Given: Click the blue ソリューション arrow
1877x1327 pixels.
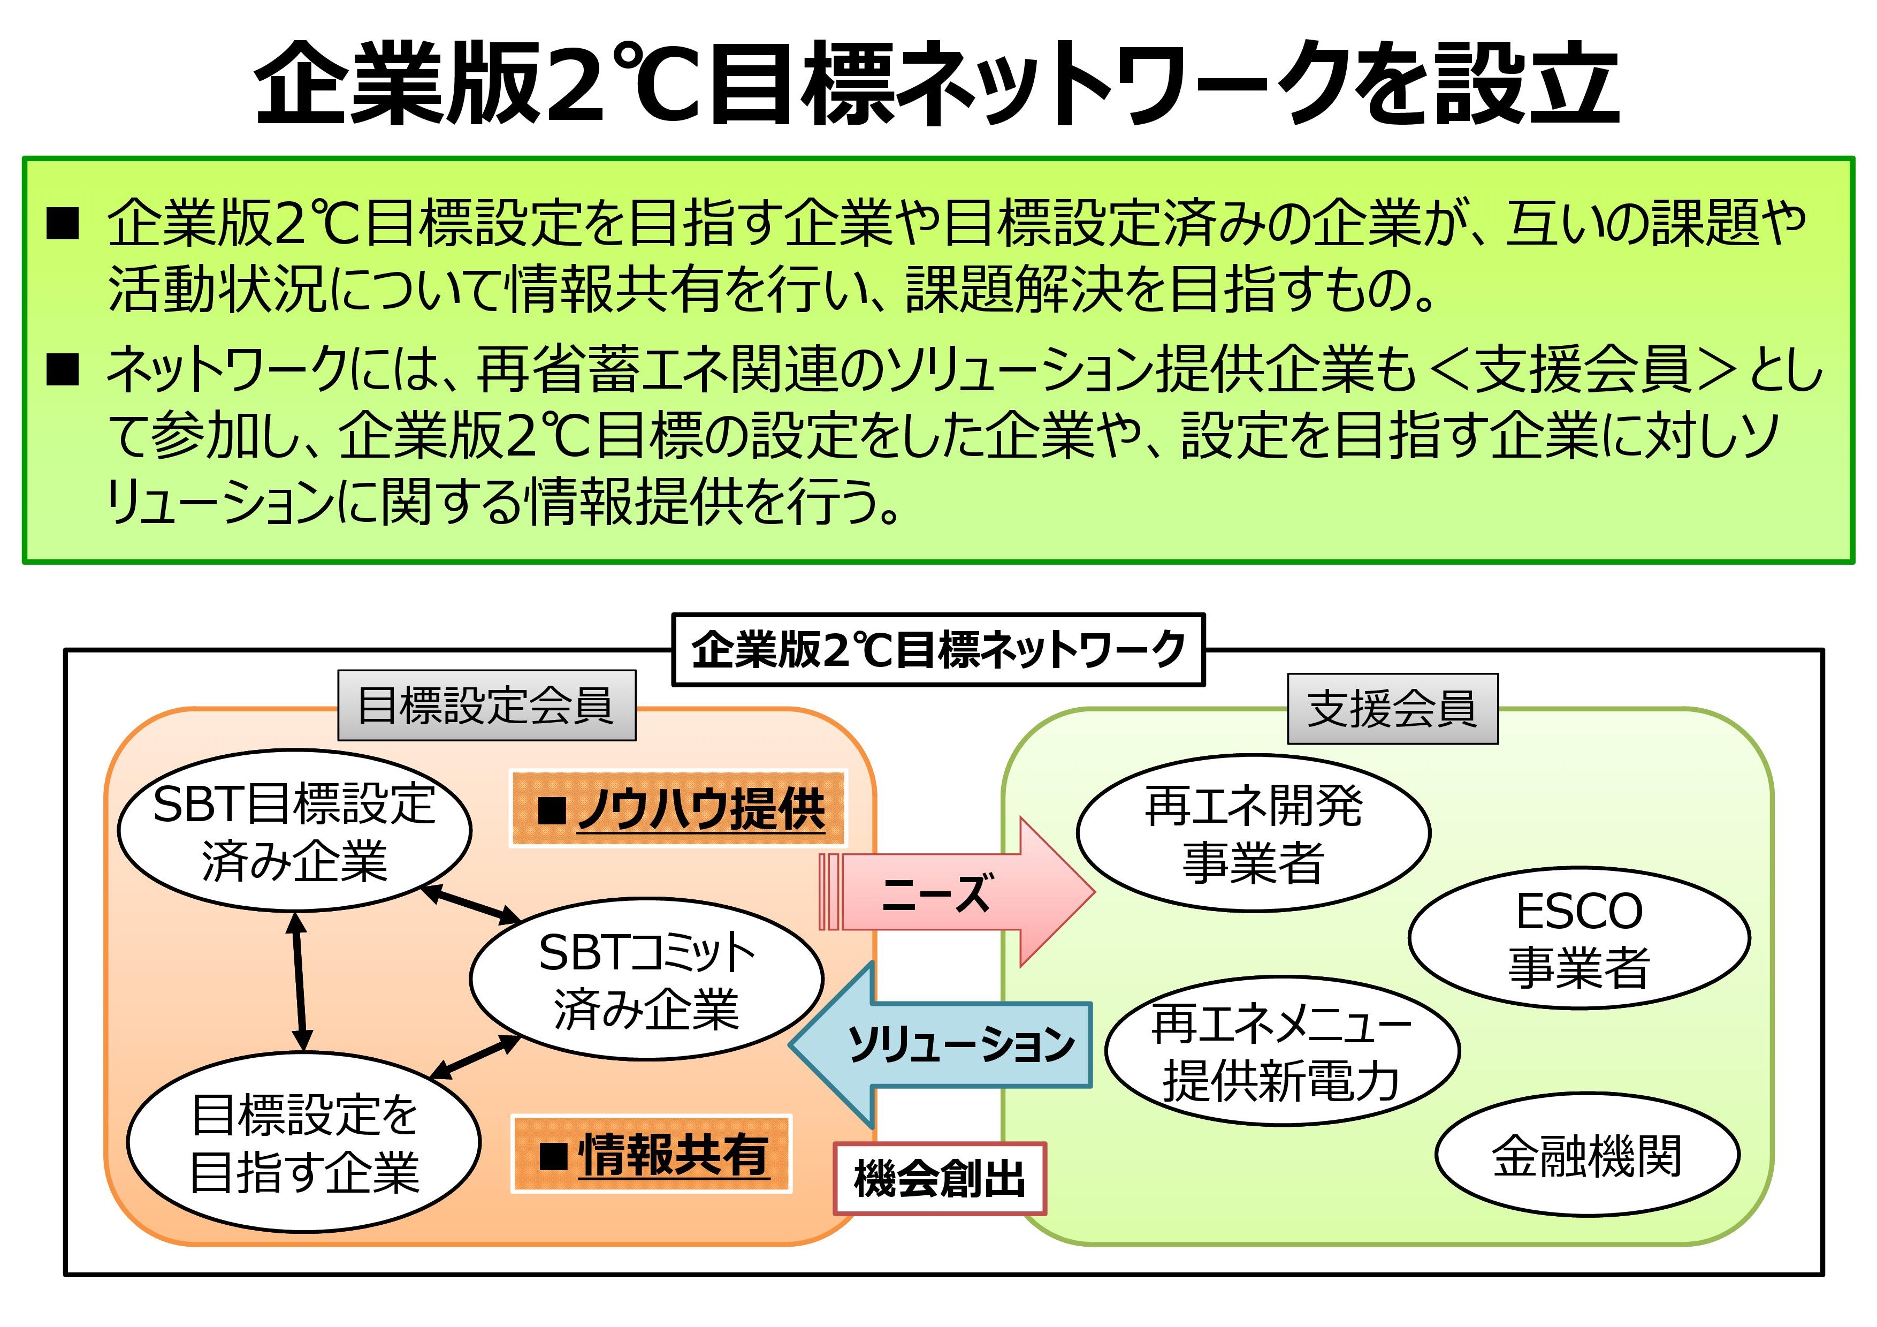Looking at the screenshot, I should (x=948, y=1044).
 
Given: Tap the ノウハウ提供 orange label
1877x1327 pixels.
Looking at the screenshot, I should (x=678, y=809).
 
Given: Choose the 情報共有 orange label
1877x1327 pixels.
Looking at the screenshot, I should (x=652, y=1154).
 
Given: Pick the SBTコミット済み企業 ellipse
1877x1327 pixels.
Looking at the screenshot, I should (x=646, y=979).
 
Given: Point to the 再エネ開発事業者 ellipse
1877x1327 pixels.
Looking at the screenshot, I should (x=1253, y=832).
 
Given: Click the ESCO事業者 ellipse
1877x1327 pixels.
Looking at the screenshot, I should (x=1578, y=938).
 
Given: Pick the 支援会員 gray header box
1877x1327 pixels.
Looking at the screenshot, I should (x=1392, y=709).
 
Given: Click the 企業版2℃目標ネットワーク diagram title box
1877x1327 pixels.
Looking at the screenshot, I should (x=937, y=650).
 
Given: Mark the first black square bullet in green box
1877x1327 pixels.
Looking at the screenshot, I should (x=63, y=223).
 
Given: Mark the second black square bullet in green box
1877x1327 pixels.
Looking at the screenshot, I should (x=63, y=369).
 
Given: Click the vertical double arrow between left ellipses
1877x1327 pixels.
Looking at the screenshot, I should (x=299, y=981).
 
